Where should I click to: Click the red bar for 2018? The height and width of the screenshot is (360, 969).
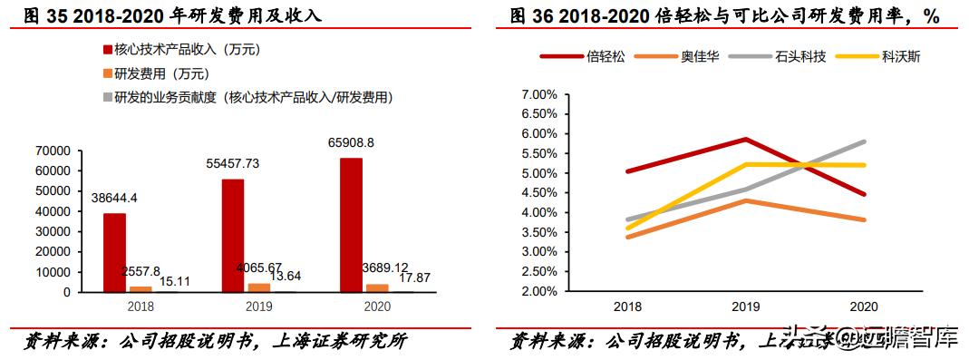click(114, 253)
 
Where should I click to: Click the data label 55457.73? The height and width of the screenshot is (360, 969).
click(232, 163)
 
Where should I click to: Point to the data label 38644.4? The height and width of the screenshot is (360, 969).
click(114, 198)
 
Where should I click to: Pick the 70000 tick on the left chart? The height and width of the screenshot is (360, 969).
click(53, 151)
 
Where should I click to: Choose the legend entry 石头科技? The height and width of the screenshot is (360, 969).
click(796, 56)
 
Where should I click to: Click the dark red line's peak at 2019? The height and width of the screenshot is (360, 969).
click(744, 139)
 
